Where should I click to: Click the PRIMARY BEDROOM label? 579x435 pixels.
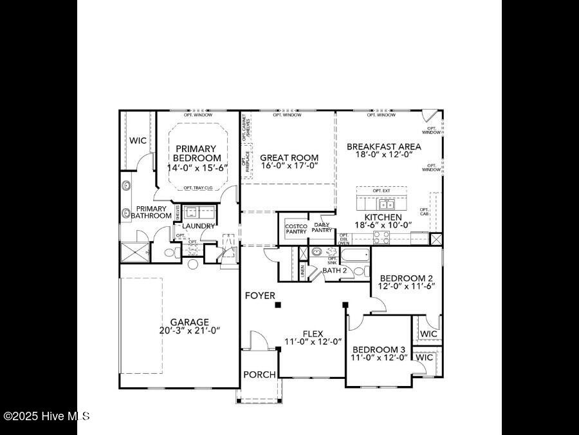(198, 153)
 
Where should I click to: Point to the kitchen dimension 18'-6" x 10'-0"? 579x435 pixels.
(383, 226)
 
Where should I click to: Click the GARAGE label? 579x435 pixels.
(189, 322)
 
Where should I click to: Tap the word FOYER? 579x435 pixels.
(260, 296)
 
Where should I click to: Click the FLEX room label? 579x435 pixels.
(313, 333)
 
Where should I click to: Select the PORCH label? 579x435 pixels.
(259, 374)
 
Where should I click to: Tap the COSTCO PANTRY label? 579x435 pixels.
(296, 229)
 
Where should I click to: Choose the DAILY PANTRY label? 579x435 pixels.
(322, 227)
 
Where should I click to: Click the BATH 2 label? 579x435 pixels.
(335, 271)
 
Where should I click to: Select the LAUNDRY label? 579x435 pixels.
(198, 226)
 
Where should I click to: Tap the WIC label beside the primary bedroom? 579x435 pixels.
(138, 140)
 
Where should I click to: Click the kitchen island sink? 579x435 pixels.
(387, 205)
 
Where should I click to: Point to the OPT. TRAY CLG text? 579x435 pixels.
(198, 188)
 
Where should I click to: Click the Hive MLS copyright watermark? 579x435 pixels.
(46, 416)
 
